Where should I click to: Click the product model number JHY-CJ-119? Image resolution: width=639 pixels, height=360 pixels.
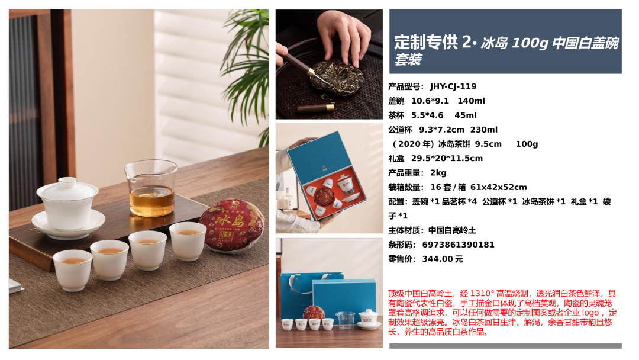pyautogui.click(x=453, y=86)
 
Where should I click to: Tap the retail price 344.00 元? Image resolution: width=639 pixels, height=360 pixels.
pyautogui.click(x=443, y=259)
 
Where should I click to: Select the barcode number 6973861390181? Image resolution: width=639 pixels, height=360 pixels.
pyautogui.click(x=458, y=245)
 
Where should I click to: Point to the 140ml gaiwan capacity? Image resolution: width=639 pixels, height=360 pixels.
pyautogui.click(x=471, y=101)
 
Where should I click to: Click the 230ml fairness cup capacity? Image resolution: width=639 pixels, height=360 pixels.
pyautogui.click(x=484, y=130)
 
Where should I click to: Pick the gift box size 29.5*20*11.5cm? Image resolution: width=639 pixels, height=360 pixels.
pyautogui.click(x=447, y=158)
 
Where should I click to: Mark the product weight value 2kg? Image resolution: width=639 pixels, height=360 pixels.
pyautogui.click(x=438, y=173)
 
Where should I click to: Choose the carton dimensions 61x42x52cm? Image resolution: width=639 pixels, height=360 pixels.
pyautogui.click(x=498, y=187)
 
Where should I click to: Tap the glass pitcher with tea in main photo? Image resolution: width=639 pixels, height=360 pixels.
pyautogui.click(x=151, y=188)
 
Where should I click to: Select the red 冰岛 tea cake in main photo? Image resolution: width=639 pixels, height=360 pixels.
pyautogui.click(x=231, y=224)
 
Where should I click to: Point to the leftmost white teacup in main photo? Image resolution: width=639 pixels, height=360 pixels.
pyautogui.click(x=73, y=271)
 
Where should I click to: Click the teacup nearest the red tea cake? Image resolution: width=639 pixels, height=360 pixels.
pyautogui.click(x=188, y=242)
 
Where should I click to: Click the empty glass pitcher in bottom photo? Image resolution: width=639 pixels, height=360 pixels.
pyautogui.click(x=345, y=320)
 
